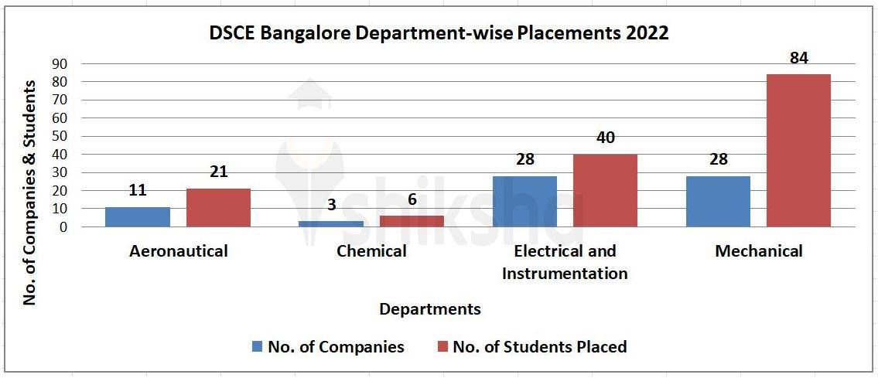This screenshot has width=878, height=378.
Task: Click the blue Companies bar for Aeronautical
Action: pos(138,216)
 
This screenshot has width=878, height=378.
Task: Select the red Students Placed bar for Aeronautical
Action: pos(218,207)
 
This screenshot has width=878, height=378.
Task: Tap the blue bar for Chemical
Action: pos(331,223)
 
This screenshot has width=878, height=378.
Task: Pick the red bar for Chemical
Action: pos(412,221)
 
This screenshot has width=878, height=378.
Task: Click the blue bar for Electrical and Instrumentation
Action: pos(524,201)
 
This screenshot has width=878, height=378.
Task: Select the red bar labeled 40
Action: pos(605,190)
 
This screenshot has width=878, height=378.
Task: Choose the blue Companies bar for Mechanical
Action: pos(718,201)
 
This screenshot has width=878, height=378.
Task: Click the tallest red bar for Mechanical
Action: pos(798,150)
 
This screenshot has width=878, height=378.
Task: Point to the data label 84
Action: pos(798,58)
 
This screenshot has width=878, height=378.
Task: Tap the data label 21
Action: pos(218,172)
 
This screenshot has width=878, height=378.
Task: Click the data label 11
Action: pos(138,190)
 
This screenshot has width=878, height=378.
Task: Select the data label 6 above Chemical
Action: pos(412,199)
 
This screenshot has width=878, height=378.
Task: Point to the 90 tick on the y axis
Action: pos(60,63)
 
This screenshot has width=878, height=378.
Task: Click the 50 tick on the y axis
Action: pos(60,136)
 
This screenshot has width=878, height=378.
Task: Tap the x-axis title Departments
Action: pos(429,309)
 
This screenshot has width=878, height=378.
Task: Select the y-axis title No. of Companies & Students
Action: pos(30,192)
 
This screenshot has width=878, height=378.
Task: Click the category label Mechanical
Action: pos(759,251)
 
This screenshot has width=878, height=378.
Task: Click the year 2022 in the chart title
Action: pos(645,33)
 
